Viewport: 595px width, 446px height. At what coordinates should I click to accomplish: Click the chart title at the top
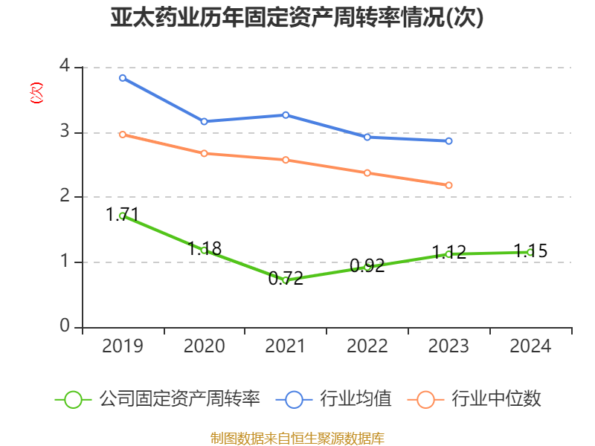coord(297,18)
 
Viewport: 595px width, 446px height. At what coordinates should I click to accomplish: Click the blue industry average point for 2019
coord(123,77)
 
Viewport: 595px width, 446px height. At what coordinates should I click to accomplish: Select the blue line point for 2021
coord(286,114)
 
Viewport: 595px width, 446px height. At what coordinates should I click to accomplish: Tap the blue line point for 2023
coord(449,140)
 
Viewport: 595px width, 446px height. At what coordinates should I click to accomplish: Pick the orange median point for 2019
coord(123,135)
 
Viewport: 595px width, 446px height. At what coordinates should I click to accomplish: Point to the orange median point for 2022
coord(367,172)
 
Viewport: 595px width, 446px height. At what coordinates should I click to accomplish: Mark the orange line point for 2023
coord(449,185)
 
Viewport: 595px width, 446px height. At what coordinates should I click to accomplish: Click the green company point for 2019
coord(123,216)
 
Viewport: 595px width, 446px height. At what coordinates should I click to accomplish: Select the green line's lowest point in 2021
coord(286,280)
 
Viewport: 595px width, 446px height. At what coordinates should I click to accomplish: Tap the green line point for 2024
coord(530,252)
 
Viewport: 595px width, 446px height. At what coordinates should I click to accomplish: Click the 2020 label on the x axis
coord(204,346)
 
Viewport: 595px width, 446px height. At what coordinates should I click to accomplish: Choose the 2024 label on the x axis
coord(530,346)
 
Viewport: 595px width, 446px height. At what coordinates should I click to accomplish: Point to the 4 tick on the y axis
coord(65,67)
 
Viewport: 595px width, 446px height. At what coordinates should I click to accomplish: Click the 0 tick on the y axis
coord(65,326)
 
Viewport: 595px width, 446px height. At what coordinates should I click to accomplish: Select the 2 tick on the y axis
coord(65,196)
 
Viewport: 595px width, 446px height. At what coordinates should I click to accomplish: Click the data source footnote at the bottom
coord(297,438)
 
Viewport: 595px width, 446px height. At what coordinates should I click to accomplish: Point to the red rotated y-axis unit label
coord(36,94)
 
